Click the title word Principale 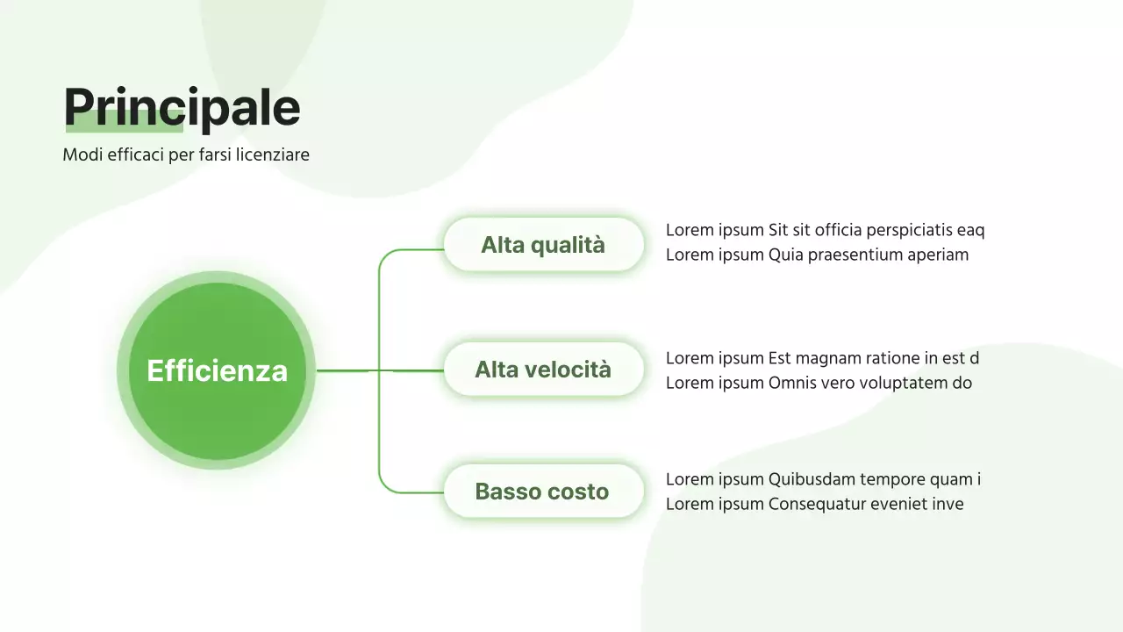182,107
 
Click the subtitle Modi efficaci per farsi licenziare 186,154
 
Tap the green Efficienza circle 217,370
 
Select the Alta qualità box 543,245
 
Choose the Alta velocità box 543,370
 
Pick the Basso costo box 543,492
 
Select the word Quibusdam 812,479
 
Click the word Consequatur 817,504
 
